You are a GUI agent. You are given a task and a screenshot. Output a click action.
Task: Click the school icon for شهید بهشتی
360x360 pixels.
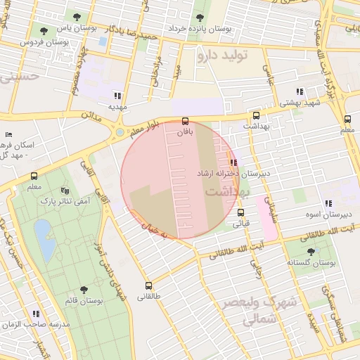click(x=300, y=92)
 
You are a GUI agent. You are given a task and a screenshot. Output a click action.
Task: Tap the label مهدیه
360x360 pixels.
click(x=117, y=106)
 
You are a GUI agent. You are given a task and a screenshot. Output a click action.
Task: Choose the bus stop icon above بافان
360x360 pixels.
click(x=185, y=120)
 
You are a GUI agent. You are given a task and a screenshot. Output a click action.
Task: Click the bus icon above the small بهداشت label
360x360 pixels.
click(x=256, y=115)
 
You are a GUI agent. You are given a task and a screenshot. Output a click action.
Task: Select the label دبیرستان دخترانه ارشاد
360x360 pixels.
click(x=234, y=173)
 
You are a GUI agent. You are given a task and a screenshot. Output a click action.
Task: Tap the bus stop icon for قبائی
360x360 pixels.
click(x=241, y=212)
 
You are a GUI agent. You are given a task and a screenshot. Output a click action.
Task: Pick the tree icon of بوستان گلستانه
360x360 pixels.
click(x=311, y=251)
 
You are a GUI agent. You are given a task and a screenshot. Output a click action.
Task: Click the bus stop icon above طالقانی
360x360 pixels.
click(x=148, y=285)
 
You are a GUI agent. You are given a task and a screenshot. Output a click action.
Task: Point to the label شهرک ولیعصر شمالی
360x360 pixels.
click(x=259, y=310)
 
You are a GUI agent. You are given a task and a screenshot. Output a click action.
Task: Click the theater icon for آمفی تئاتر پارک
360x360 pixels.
click(x=65, y=191)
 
